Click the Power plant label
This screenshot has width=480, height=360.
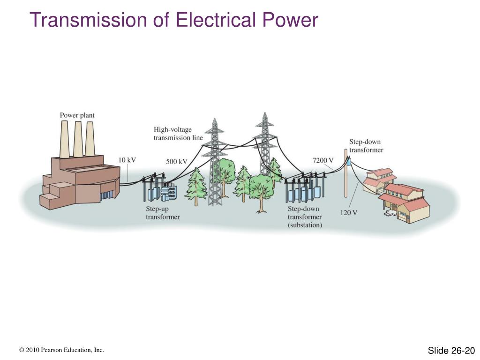click(x=77, y=115)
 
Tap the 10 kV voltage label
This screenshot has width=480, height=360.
click(x=127, y=160)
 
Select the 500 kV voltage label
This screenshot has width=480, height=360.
click(x=177, y=162)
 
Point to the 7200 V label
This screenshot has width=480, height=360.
click(x=323, y=160)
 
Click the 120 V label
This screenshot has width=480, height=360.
click(x=348, y=213)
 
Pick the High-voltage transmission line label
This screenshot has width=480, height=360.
click(x=178, y=134)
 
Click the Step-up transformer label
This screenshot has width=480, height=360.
click(x=162, y=213)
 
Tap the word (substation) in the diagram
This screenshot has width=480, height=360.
click(x=305, y=225)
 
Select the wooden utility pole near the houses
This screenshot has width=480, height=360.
click(x=346, y=178)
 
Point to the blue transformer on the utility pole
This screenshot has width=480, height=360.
click(x=349, y=162)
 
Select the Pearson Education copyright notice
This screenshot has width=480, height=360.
click(x=61, y=350)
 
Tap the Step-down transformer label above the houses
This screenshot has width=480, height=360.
click(x=366, y=146)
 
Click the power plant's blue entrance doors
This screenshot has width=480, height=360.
click(x=107, y=194)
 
